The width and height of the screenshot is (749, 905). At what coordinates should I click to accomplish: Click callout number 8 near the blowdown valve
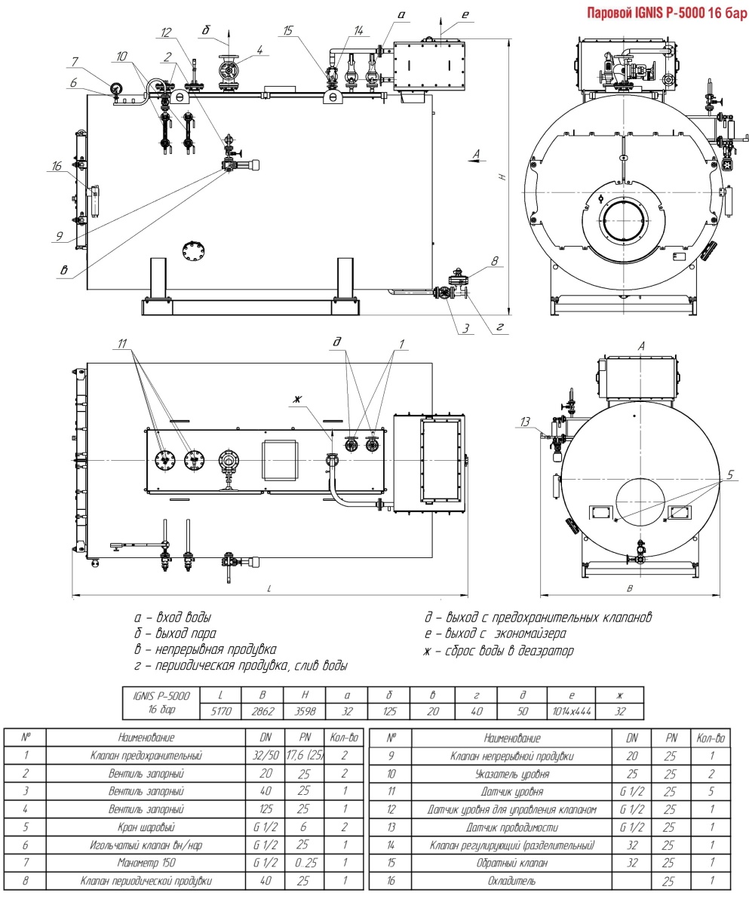click(x=495, y=262)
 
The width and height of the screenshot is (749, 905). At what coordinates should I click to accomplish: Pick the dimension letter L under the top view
click(x=269, y=588)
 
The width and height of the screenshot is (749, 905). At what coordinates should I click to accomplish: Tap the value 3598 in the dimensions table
click(x=305, y=710)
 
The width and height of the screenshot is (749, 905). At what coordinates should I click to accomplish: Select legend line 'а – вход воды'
click(x=172, y=618)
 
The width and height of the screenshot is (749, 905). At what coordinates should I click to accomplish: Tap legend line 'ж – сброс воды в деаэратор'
click(x=499, y=650)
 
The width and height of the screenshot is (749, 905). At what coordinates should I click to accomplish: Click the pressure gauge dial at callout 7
click(x=113, y=88)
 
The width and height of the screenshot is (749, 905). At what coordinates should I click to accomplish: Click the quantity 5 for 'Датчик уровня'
click(x=711, y=792)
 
